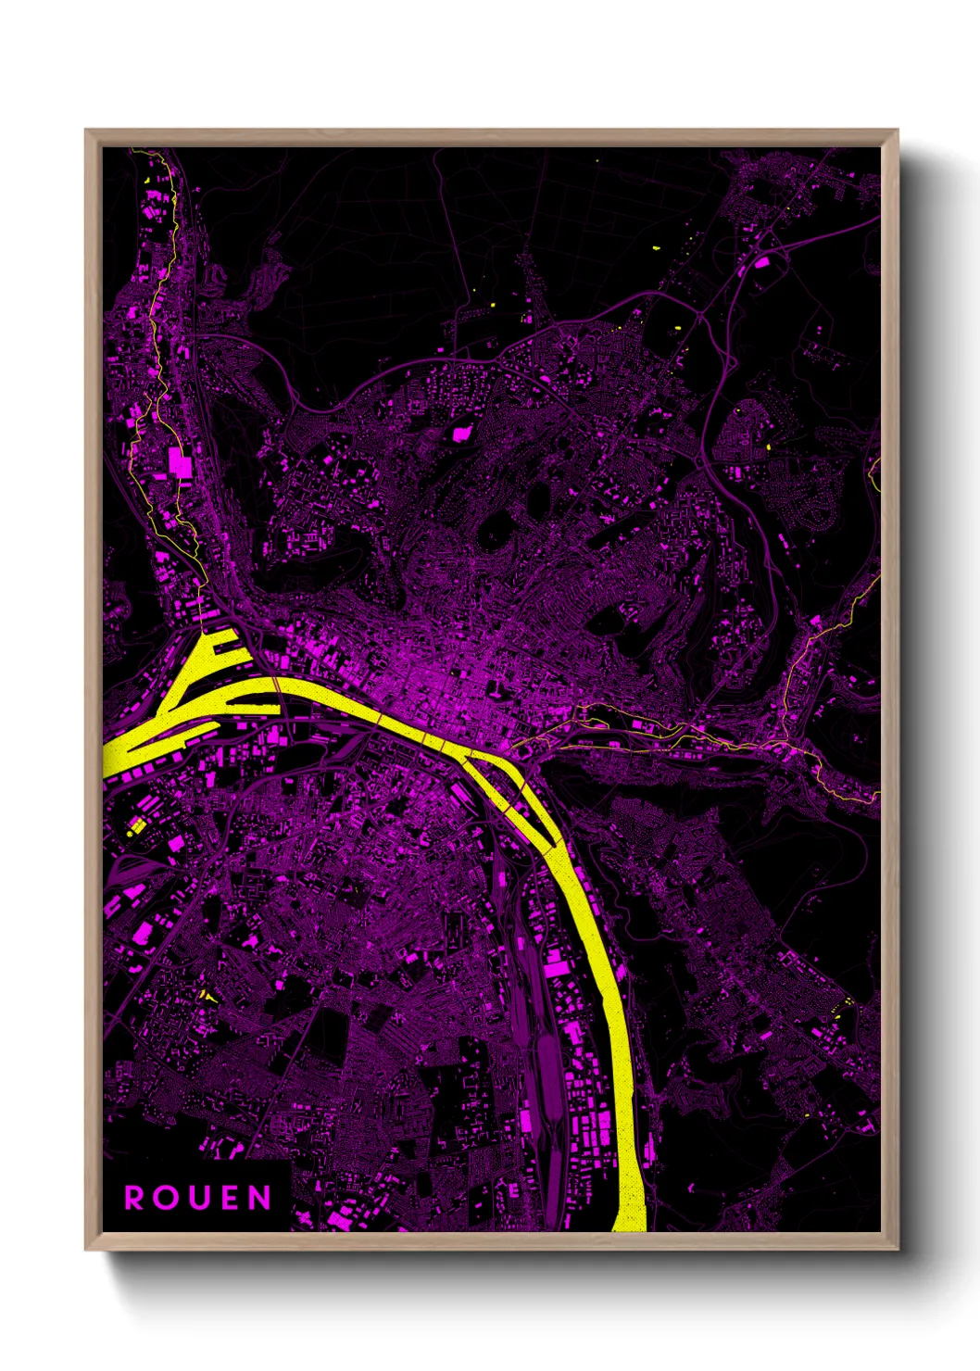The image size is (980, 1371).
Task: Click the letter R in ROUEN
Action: [x=135, y=1198]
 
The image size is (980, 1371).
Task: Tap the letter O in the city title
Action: [x=168, y=1198]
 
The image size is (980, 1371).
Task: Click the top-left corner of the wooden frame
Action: [x=86, y=131]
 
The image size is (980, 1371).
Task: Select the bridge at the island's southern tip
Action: [x=554, y=845]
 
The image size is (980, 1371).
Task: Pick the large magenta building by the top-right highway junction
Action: [x=761, y=262]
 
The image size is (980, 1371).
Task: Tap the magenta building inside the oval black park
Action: [x=460, y=433]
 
